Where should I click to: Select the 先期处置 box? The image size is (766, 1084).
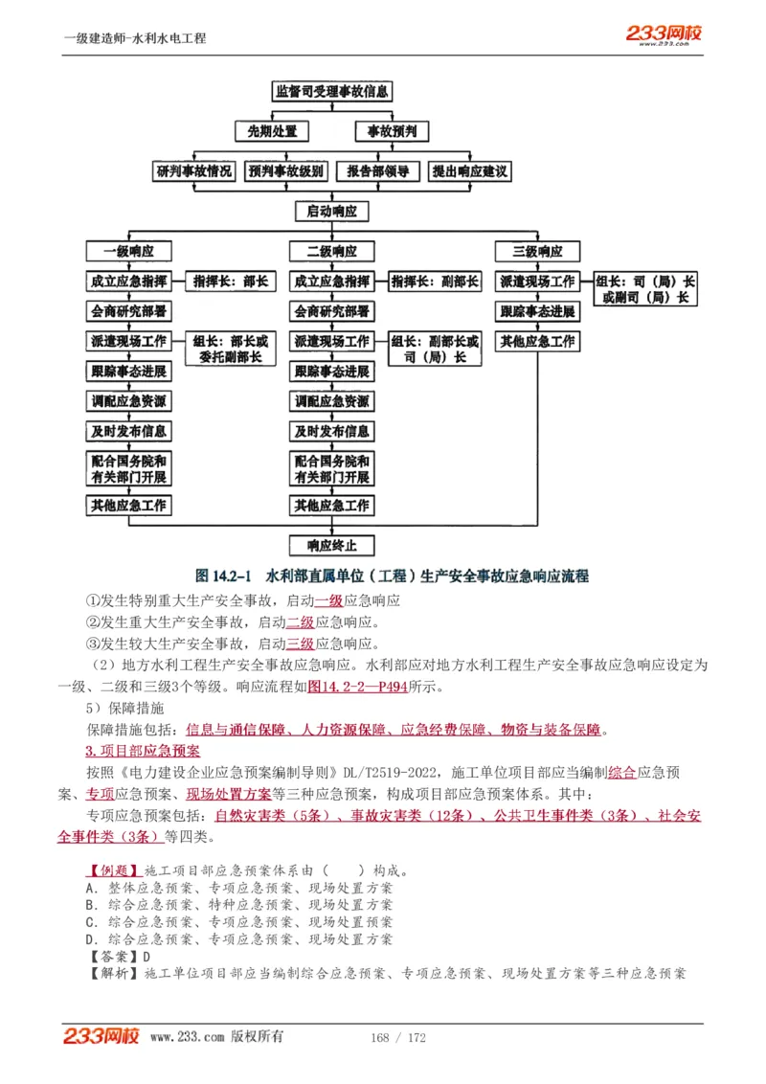click(x=267, y=131)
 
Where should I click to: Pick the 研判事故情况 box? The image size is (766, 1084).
click(x=194, y=172)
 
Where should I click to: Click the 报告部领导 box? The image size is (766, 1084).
click(x=378, y=172)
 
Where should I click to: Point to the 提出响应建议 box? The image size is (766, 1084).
click(x=469, y=172)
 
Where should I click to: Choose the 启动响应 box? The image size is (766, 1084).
click(x=331, y=212)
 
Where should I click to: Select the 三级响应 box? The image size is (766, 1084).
click(x=537, y=252)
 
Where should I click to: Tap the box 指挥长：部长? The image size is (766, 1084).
click(x=231, y=282)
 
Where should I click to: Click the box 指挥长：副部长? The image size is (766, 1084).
click(x=436, y=282)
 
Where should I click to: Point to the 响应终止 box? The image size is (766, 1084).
click(x=331, y=546)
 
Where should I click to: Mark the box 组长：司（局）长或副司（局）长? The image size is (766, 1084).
click(x=644, y=289)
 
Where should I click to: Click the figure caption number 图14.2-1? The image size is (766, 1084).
click(x=222, y=576)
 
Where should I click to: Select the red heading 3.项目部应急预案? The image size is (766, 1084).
click(x=143, y=751)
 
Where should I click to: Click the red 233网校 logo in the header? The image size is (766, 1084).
click(x=665, y=34)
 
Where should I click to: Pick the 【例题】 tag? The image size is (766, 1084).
click(x=112, y=871)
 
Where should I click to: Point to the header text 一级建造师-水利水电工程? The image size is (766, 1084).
click(x=134, y=38)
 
